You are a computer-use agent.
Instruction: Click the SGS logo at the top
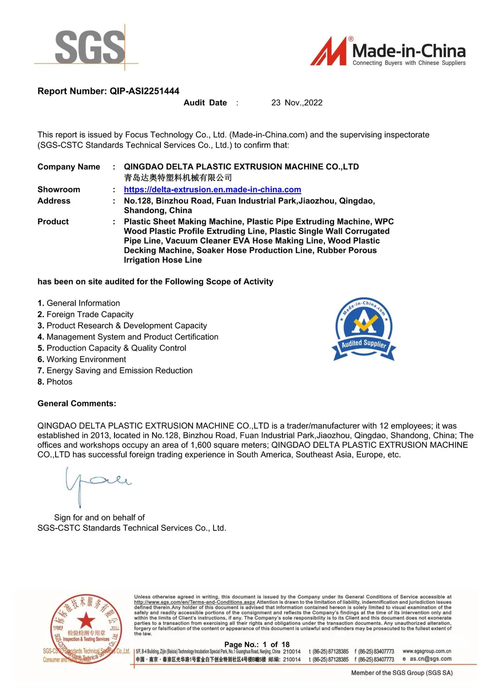tap(90, 47)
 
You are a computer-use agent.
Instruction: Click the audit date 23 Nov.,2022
tap(297, 103)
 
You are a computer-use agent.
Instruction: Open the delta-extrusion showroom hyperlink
tap(212, 190)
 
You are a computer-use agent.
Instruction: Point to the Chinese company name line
tap(178, 178)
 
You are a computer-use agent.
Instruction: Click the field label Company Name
tap(69, 167)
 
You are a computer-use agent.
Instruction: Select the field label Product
tap(53, 221)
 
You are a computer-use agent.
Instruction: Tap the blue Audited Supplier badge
tap(364, 329)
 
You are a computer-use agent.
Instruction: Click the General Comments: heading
tap(77, 403)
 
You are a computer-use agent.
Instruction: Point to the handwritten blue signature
tap(96, 484)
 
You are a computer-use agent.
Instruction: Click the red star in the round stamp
tap(86, 621)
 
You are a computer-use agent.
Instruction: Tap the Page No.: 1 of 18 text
tap(257, 644)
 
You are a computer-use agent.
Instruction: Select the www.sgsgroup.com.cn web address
tap(427, 651)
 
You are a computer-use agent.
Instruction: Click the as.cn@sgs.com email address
tap(430, 659)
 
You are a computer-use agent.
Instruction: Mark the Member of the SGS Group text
tap(402, 673)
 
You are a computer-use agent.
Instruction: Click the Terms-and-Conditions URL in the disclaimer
tap(194, 602)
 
